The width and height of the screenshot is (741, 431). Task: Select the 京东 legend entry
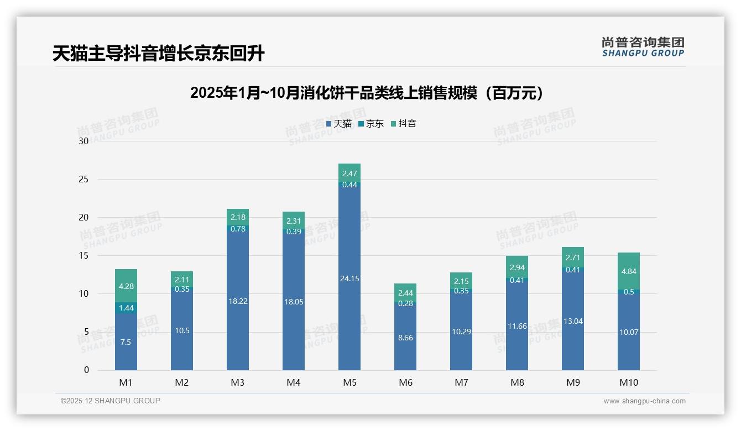(371, 124)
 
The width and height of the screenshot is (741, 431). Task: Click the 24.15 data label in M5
(349, 279)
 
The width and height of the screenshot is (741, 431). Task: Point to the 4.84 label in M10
(629, 271)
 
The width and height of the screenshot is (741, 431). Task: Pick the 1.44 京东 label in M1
(126, 308)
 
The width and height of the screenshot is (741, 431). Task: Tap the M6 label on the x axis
(405, 382)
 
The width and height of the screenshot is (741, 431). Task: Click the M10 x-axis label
(629, 382)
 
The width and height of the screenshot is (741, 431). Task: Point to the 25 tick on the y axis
(84, 180)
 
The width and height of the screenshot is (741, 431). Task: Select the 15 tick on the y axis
(84, 256)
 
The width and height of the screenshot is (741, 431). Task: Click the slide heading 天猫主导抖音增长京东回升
(159, 54)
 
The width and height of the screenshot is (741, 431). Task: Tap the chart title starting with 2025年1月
(367, 93)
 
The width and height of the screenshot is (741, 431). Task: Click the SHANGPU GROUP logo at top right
(643, 47)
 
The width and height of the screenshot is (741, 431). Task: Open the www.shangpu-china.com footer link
(644, 401)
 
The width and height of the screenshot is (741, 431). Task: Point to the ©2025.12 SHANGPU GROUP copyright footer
(111, 401)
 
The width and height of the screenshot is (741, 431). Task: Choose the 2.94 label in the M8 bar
(517, 268)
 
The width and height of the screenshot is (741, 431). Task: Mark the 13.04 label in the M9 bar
(573, 322)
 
